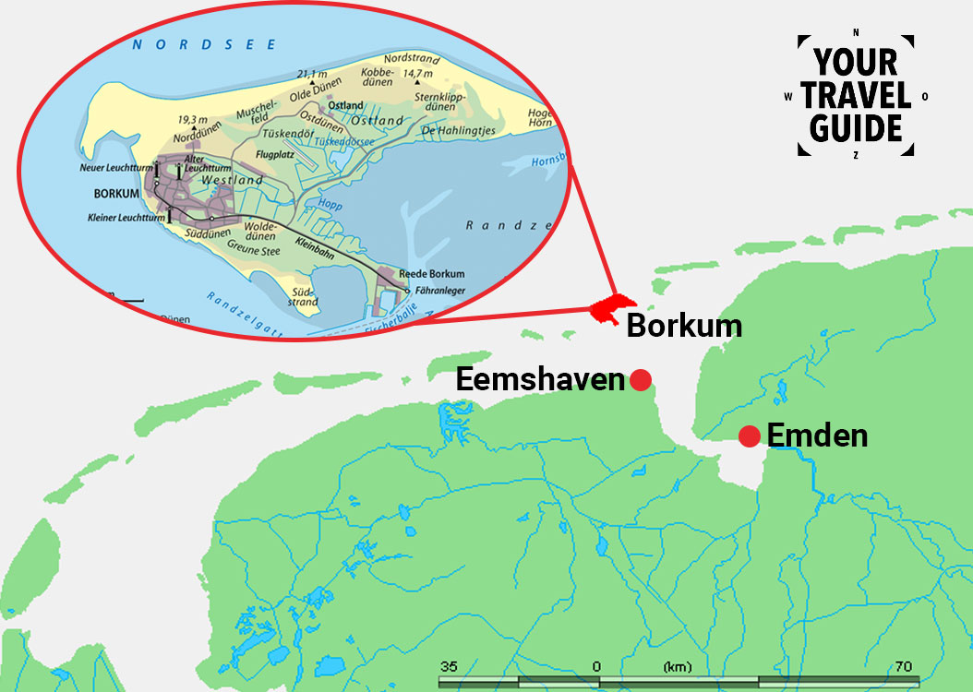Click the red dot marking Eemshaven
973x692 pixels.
(x=641, y=380)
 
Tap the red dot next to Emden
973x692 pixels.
(x=749, y=435)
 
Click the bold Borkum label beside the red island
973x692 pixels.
(x=684, y=326)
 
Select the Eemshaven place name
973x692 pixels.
(x=540, y=380)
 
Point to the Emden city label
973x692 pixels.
(x=818, y=435)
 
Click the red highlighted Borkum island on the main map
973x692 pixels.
(x=612, y=310)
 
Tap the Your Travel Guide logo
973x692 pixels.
(x=856, y=96)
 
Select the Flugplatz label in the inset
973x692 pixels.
(x=275, y=155)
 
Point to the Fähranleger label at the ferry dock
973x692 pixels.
(x=438, y=290)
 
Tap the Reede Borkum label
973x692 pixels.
(x=432, y=274)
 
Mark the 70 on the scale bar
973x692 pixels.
(x=903, y=666)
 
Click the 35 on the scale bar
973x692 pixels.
(x=449, y=666)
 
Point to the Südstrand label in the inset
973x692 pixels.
(x=304, y=296)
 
